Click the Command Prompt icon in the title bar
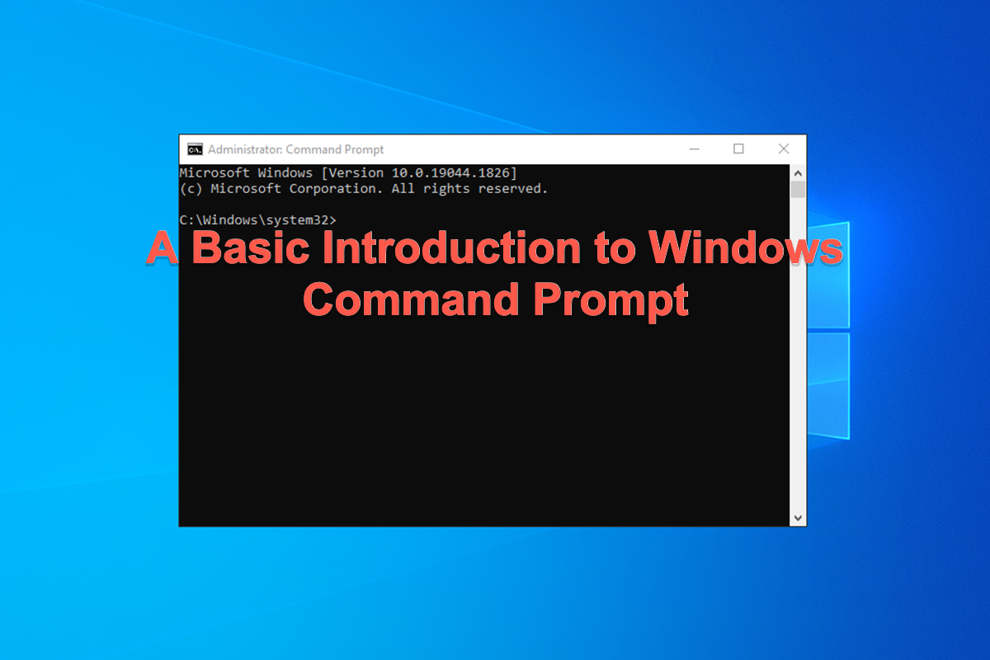tap(195, 149)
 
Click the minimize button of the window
tap(695, 149)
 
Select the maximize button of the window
tap(738, 149)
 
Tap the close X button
tap(783, 149)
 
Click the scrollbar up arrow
tap(798, 173)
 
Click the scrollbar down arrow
tap(798, 517)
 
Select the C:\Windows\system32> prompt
tap(257, 220)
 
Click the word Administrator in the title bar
tap(244, 150)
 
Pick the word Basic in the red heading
tap(247, 248)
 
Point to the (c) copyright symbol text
tap(191, 189)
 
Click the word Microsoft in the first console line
tap(214, 173)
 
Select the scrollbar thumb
tap(798, 191)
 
